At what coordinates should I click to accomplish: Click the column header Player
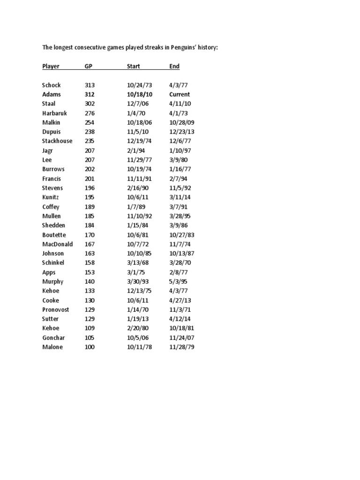51,66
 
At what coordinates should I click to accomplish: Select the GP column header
89,66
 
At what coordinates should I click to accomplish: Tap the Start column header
134,66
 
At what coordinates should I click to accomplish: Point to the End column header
174,66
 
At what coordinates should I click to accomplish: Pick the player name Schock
52,85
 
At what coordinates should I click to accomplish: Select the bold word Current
180,94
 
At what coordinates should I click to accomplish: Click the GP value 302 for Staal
90,104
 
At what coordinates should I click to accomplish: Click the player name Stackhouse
57,141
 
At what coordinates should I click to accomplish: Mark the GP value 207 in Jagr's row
90,150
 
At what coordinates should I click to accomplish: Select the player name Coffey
51,207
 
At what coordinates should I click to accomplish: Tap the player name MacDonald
57,244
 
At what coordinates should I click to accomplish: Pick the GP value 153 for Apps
90,272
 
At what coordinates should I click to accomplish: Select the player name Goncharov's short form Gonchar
53,338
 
